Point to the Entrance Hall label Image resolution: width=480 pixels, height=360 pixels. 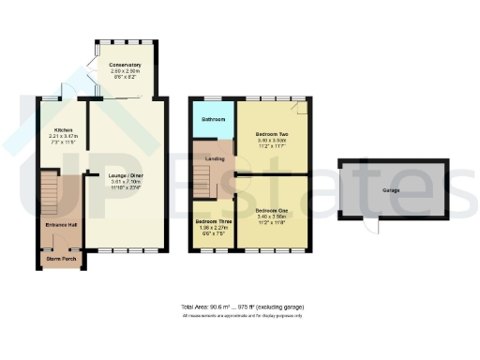click(58, 225)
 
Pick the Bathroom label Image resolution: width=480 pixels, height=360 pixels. click(213, 120)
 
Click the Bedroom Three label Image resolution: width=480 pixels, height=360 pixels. click(213, 221)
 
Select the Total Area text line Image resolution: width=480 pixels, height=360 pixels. click(242, 307)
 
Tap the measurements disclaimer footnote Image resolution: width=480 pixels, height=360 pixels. click(242, 316)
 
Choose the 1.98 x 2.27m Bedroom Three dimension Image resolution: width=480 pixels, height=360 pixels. click(213, 228)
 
